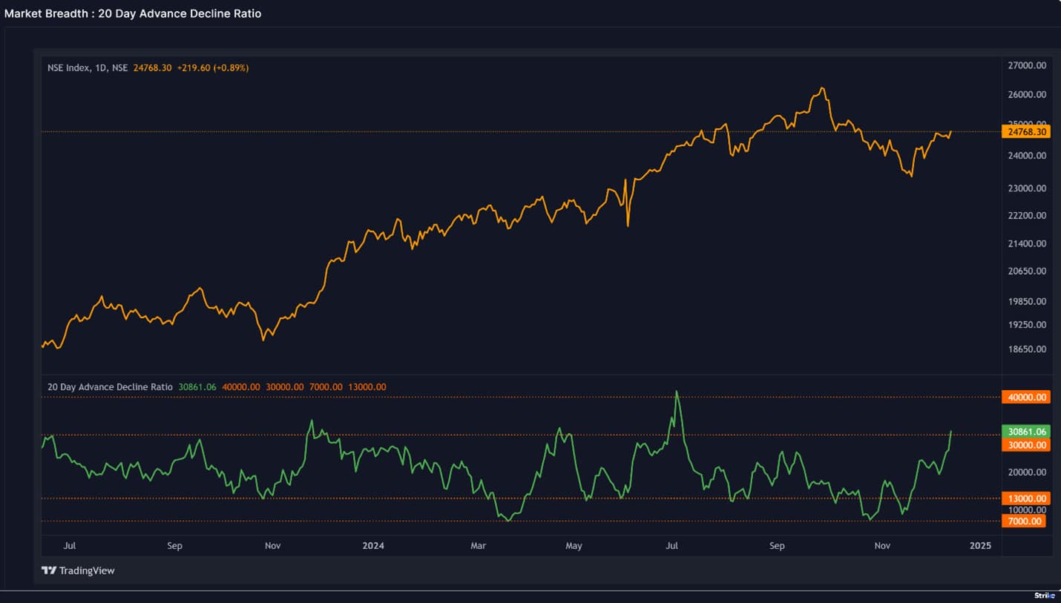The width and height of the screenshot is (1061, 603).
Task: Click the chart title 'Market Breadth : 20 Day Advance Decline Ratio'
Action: [x=133, y=13]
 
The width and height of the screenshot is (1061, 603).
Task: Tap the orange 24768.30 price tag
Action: [x=1027, y=132]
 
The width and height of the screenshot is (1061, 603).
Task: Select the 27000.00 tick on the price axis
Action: [x=1027, y=65]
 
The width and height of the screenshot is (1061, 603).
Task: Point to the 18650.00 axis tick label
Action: [x=1027, y=349]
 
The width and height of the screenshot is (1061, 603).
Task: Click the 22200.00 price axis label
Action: [x=1027, y=216]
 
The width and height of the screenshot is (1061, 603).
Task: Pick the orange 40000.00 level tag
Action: [x=1027, y=398]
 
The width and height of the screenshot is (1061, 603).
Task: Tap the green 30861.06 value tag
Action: [x=1027, y=431]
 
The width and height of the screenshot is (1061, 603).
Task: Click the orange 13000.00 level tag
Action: [x=1027, y=498]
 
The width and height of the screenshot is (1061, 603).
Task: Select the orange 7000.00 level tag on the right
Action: [x=1027, y=521]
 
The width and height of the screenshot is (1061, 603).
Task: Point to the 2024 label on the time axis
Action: [x=373, y=546]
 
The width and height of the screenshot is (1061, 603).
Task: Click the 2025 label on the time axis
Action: [x=980, y=546]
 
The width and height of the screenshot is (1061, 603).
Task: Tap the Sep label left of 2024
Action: [x=174, y=546]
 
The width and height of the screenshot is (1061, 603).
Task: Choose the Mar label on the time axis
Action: [x=478, y=546]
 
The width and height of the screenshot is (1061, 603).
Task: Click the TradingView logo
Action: [x=78, y=570]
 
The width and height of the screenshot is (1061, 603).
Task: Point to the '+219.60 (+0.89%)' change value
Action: [x=213, y=67]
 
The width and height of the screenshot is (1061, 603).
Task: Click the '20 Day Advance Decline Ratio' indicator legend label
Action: [x=110, y=387]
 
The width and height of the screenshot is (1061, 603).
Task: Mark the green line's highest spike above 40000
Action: [x=677, y=392]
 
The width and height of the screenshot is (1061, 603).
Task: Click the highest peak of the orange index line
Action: [x=821, y=88]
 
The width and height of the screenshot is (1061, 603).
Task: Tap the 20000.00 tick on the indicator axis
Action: [x=1027, y=472]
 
